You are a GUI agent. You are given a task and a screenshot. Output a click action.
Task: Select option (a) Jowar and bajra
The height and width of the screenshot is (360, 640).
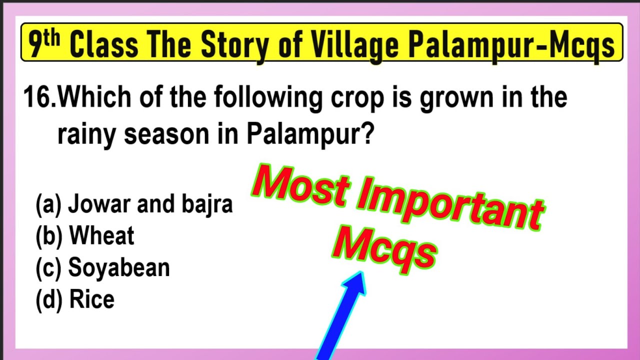pyautogui.click(x=134, y=204)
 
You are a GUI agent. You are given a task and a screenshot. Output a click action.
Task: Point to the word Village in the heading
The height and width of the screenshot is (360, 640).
pyautogui.click(x=353, y=45)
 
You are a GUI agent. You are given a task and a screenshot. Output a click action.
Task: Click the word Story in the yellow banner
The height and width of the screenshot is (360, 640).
pyautogui.click(x=234, y=45)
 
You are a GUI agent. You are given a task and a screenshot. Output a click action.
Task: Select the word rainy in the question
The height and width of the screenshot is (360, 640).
pyautogui.click(x=87, y=135)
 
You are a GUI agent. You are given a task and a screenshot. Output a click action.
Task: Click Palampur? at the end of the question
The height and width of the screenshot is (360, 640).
pyautogui.click(x=309, y=135)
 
